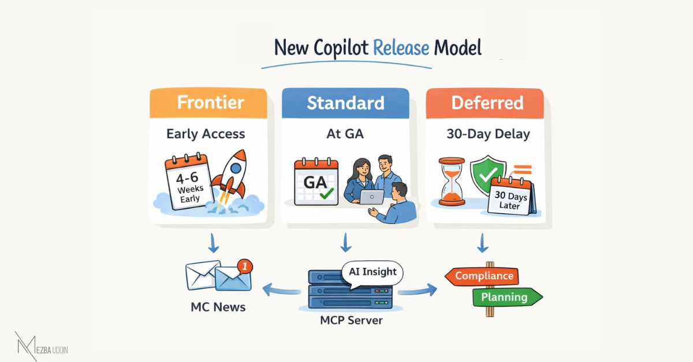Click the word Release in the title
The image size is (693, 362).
click(x=401, y=47)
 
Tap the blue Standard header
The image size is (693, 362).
click(x=345, y=103)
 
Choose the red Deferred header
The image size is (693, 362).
click(x=487, y=103)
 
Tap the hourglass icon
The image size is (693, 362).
click(x=451, y=182)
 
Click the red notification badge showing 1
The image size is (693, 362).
click(x=245, y=266)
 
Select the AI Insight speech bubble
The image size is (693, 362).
click(x=372, y=271)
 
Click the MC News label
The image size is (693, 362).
click(x=218, y=307)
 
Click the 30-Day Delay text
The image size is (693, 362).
click(x=487, y=134)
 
